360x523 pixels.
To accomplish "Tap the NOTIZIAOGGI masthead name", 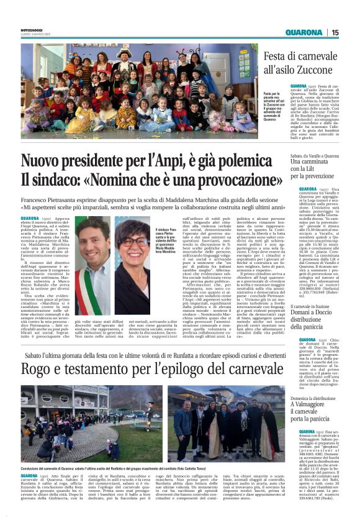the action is click(32, 28).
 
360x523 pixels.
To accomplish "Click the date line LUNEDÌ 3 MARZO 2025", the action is click(34, 33).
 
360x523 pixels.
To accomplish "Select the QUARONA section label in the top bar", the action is click(304, 32).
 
